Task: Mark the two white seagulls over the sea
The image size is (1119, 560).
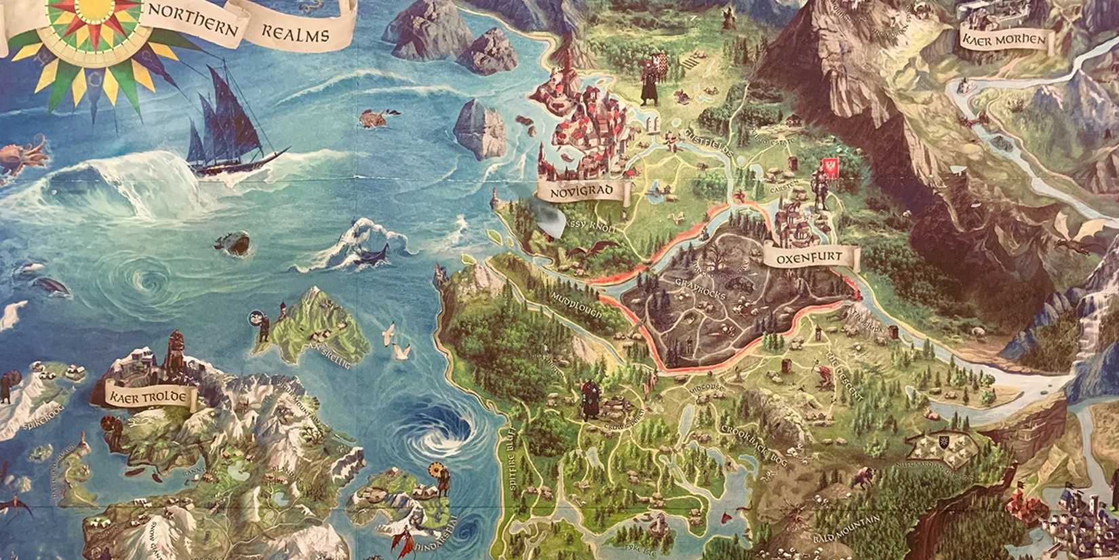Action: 397,343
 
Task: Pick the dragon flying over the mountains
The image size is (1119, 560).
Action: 1078,234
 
